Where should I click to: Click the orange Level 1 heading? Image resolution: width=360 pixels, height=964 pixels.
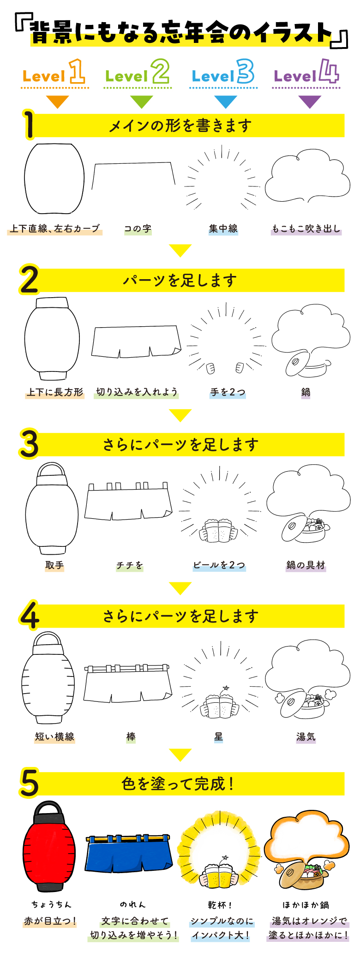click(x=54, y=72)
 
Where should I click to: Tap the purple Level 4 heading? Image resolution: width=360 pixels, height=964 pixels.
click(x=306, y=72)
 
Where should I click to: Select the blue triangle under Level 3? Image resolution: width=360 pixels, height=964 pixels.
click(x=226, y=102)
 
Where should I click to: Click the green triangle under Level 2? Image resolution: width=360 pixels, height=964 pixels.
click(x=141, y=102)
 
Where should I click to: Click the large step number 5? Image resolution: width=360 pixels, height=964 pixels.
click(x=29, y=783)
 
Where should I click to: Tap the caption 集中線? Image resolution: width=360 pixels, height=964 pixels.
click(x=223, y=228)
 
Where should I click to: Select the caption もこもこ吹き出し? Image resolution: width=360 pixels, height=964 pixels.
click(x=306, y=228)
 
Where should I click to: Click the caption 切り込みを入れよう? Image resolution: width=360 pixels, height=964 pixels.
click(x=137, y=392)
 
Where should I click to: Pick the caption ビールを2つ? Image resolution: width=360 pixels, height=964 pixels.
click(x=219, y=565)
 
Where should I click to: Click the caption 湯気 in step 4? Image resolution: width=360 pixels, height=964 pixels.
click(x=306, y=736)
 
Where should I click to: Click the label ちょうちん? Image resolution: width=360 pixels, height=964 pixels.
click(x=51, y=904)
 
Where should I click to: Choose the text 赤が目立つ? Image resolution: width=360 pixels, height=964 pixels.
click(x=50, y=921)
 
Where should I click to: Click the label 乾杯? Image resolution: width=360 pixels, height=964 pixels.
click(x=220, y=904)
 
